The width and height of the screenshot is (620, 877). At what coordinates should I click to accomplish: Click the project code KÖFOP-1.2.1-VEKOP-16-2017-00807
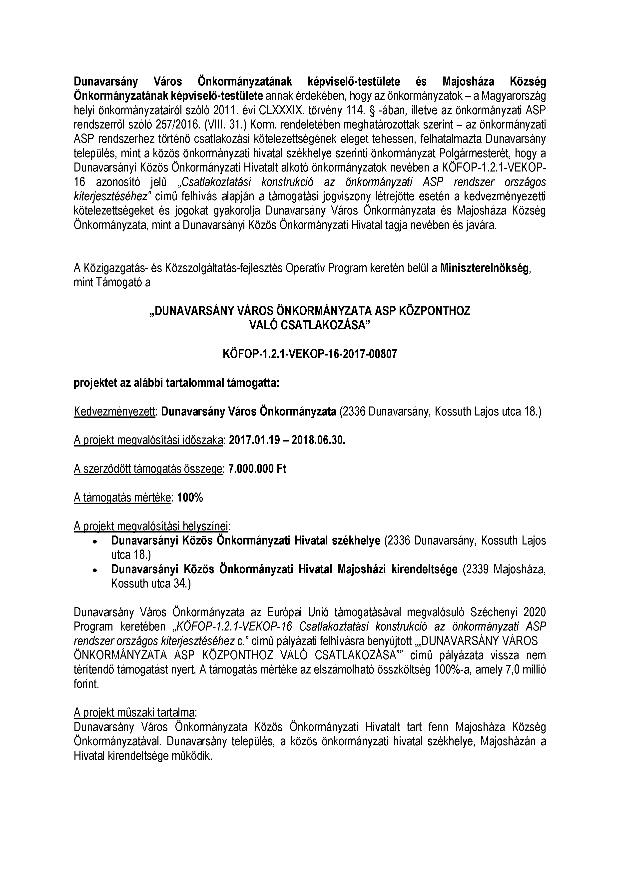point(310,354)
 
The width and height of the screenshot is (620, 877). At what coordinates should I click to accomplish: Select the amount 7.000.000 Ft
point(257,469)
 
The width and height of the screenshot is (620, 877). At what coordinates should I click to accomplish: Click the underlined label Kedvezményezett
point(114,411)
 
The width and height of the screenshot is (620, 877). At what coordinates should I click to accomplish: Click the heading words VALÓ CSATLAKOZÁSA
point(310,325)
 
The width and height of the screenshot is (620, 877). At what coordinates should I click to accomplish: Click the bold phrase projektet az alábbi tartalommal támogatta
point(176,383)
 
